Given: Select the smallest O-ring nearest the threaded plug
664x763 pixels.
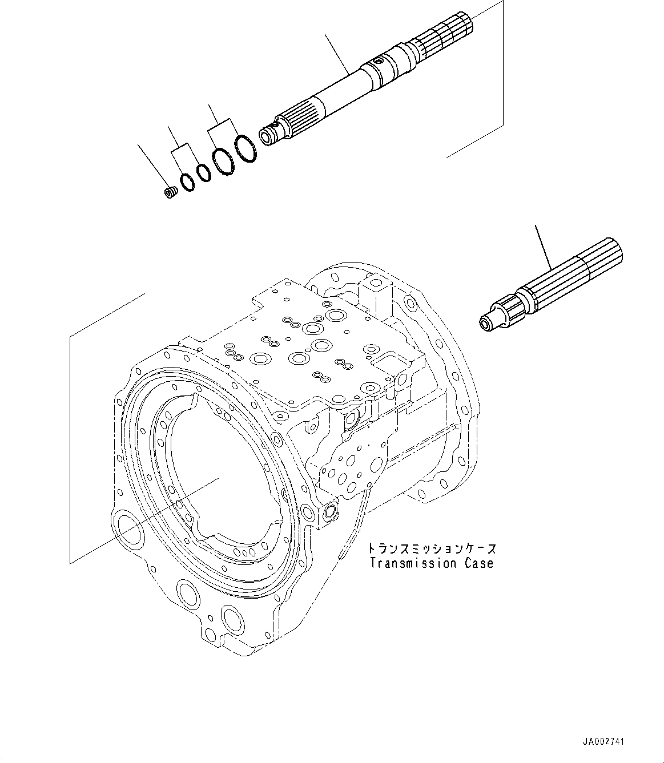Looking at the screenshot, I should (187, 182).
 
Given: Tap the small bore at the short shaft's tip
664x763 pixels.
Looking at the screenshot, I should (485, 325).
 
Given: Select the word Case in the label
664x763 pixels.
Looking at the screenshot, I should (478, 563).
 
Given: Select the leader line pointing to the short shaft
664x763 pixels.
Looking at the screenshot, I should (543, 248).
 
